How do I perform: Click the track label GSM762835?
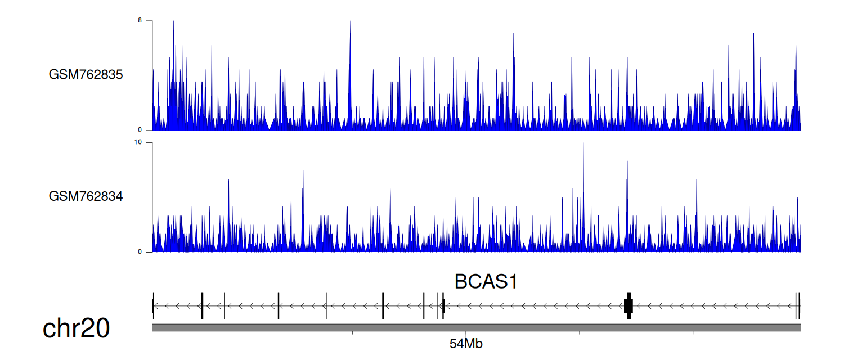86,75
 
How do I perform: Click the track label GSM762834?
86,196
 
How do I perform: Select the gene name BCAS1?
486,282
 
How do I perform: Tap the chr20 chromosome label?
76,328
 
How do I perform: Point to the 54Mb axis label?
466,344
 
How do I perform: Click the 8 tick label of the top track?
140,20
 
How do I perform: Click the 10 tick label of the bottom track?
138,142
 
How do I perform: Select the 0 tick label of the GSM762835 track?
140,130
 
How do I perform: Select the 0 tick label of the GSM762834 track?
140,252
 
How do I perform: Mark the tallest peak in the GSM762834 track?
583,143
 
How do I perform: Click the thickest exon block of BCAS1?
628,306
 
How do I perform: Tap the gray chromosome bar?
477,327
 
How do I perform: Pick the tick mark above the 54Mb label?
466,333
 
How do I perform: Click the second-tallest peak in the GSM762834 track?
627,161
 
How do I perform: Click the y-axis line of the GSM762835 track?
152,75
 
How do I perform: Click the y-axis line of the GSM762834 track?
152,197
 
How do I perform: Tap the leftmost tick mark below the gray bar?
239,333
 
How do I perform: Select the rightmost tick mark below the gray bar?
693,333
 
